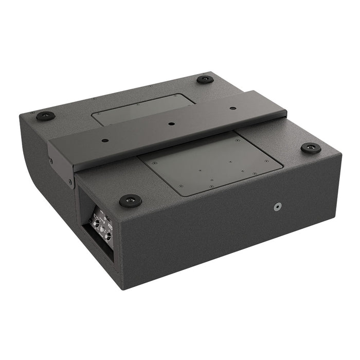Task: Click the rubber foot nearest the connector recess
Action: (x=130, y=200)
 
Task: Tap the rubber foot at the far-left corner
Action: (x=45, y=116)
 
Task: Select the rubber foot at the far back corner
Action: (x=205, y=80)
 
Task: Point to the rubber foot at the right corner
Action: (x=311, y=148)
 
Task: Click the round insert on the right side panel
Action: (x=278, y=206)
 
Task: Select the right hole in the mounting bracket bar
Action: (x=233, y=109)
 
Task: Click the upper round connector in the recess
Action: (x=95, y=222)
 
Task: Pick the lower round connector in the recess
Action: (x=109, y=237)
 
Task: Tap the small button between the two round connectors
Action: (x=102, y=229)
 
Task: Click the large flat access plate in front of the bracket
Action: (x=211, y=162)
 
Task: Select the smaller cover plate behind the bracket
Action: (x=139, y=109)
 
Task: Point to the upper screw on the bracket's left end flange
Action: (x=51, y=160)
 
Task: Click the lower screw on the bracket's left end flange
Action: (x=70, y=182)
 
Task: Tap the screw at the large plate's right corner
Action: (x=266, y=161)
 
